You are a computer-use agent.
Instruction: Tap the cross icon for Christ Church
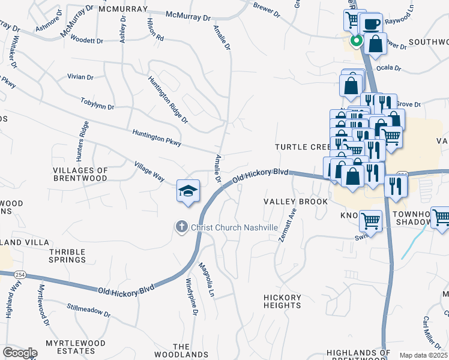pos(181,227)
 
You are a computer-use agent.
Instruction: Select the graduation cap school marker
pos(188,191)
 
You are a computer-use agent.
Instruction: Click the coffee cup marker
pos(372,24)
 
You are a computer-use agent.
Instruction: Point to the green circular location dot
pos(356,41)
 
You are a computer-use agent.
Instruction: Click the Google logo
pos(20,352)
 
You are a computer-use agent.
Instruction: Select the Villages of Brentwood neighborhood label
pos(80,175)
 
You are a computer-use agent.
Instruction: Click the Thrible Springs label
pos(68,256)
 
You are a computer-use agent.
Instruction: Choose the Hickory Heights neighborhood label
pos(282,301)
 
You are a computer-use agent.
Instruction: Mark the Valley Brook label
pos(296,202)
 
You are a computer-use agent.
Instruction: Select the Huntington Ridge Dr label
pos(168,99)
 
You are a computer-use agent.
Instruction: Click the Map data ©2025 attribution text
pos(423,355)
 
